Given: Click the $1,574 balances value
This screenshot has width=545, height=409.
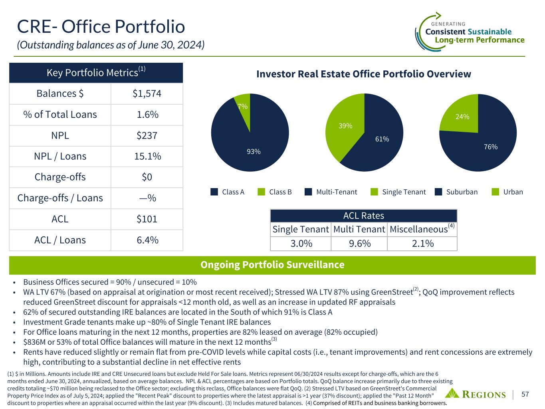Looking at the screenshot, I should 147,94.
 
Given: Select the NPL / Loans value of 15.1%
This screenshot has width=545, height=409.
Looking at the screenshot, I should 147,156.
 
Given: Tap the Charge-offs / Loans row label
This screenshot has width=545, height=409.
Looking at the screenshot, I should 60,198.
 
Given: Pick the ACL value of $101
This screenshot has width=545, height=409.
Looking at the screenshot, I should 147,219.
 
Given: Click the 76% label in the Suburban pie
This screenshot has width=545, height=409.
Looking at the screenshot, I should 491,147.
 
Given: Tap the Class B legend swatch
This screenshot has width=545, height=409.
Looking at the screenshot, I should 262,192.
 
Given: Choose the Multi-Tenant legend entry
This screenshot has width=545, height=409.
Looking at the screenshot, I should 337,192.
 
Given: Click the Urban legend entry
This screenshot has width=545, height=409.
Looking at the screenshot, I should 513,192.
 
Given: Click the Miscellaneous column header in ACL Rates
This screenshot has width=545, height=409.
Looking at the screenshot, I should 418,229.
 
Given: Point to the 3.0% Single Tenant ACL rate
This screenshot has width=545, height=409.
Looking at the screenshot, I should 301,243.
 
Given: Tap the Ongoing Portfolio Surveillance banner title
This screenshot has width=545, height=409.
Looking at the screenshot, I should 272,265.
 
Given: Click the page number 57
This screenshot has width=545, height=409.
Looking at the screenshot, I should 525,394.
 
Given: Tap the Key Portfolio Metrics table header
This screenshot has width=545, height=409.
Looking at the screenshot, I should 96,73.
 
